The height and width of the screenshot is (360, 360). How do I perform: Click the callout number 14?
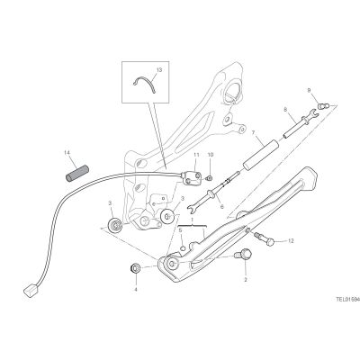(67, 153)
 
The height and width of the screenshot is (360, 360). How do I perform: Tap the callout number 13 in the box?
(159, 70)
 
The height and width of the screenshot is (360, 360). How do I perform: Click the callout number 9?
(309, 90)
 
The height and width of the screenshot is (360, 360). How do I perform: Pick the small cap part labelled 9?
(323, 106)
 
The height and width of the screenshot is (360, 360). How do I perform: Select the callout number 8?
(285, 110)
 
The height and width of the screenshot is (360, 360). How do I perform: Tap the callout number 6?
(222, 207)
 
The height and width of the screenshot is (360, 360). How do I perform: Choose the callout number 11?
(196, 155)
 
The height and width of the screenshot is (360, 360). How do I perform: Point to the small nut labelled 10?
(210, 178)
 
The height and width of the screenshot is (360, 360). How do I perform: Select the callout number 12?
(291, 240)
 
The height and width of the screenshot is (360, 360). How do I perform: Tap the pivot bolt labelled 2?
(244, 256)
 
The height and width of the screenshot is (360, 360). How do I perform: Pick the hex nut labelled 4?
(136, 268)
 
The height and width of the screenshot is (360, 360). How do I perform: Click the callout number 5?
(180, 230)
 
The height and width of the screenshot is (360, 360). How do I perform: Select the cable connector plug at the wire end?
(30, 291)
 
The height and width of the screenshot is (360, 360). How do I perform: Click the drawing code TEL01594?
(347, 299)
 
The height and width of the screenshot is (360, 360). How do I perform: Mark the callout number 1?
(193, 220)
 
